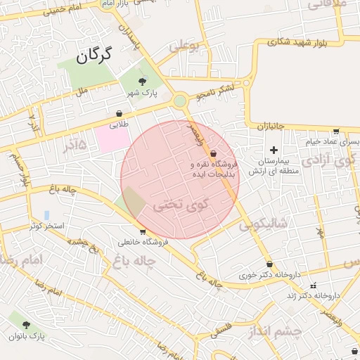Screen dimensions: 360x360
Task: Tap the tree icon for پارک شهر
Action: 143,82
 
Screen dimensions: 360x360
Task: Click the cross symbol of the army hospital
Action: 274,150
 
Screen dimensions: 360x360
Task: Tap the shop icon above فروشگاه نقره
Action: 212,153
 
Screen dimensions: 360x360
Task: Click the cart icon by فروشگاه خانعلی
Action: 143,231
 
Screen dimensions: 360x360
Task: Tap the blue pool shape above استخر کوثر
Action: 46,214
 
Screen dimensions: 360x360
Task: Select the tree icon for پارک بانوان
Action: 27,325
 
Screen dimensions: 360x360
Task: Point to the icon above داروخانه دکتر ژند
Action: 313,285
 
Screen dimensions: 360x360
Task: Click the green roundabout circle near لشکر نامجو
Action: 180,101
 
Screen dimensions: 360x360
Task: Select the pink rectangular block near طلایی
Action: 112,139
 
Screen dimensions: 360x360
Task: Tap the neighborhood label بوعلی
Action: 184,48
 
